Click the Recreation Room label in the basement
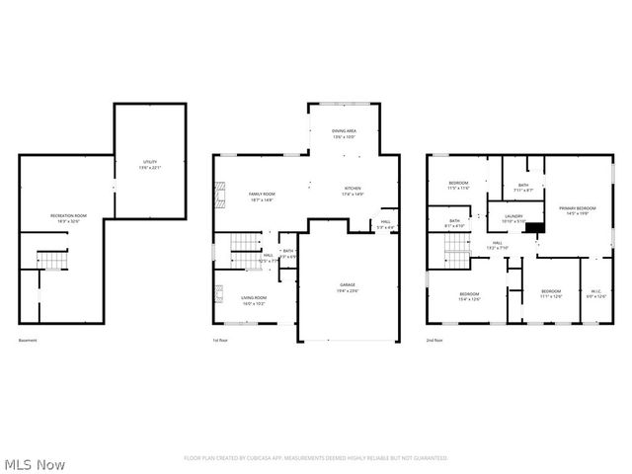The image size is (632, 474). pos(69,217)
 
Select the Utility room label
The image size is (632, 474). pos(150,164)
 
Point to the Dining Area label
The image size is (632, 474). pos(343,134)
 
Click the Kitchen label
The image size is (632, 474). pos(353,191)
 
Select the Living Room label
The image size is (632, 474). pos(254,298)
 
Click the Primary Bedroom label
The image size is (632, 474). pos(578,211)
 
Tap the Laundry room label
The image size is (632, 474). pos(513,217)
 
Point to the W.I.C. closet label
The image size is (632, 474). pos(596,293)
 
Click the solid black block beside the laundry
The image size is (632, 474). pos(534,227)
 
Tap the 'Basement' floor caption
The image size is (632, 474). pos(28,341)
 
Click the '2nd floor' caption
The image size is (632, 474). pos(434,341)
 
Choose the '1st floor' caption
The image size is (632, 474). pos(220,341)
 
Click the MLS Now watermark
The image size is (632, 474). pos(36,463)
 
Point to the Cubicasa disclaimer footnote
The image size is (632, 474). pos(316,458)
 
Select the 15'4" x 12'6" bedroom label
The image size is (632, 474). pos(469,296)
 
